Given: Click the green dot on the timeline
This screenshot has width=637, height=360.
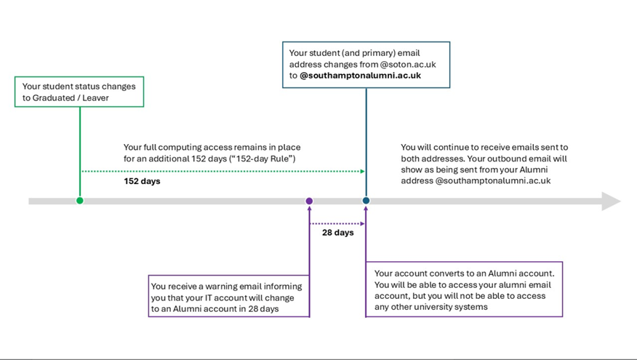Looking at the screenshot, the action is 80,200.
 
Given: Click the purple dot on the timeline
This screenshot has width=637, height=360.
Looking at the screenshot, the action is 309,201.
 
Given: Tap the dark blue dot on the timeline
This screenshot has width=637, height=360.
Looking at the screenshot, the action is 366,200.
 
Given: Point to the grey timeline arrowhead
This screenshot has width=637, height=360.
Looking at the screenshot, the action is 611,201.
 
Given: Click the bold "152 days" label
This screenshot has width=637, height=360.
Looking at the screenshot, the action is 143,181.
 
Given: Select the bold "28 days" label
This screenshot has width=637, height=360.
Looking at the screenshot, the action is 338,233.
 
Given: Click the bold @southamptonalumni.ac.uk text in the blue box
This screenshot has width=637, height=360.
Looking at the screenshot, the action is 361,75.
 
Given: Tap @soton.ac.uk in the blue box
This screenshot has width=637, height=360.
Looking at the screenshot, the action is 408,64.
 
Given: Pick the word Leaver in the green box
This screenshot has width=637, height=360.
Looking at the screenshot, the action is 95,97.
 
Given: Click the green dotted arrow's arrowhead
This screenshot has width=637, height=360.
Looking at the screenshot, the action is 362,172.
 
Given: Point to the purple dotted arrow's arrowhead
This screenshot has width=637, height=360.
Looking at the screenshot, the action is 362,223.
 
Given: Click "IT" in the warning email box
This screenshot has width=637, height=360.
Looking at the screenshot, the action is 209,298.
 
